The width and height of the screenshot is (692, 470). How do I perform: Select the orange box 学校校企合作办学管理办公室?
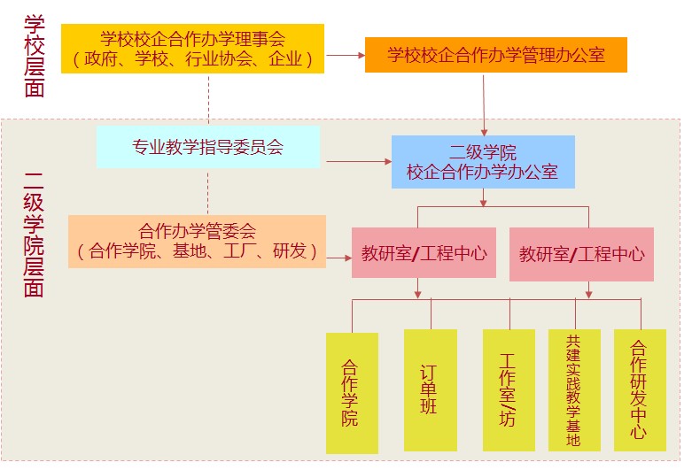pos(496,55)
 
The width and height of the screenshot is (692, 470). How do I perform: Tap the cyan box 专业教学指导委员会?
pos(207,147)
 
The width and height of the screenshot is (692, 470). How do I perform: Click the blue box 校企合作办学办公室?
pos(483,161)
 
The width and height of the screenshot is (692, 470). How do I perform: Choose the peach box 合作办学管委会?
pos(197,241)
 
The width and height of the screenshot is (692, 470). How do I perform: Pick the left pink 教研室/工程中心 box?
pos(424,254)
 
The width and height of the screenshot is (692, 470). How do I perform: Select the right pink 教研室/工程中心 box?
pos(581,254)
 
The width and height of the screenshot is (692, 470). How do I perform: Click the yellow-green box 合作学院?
pos(351,393)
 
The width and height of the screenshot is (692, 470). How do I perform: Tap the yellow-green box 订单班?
pos(430,389)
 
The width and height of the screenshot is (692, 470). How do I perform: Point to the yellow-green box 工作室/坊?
pos(508,389)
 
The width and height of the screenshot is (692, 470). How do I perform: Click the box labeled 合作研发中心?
pos(640,389)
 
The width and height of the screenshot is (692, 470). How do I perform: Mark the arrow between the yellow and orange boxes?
pos(345,55)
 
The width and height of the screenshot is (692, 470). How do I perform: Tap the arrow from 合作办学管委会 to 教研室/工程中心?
pos(338,258)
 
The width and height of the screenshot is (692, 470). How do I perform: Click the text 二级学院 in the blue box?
pos(483,150)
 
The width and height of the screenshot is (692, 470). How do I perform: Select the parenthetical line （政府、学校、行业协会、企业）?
pos(192,60)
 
